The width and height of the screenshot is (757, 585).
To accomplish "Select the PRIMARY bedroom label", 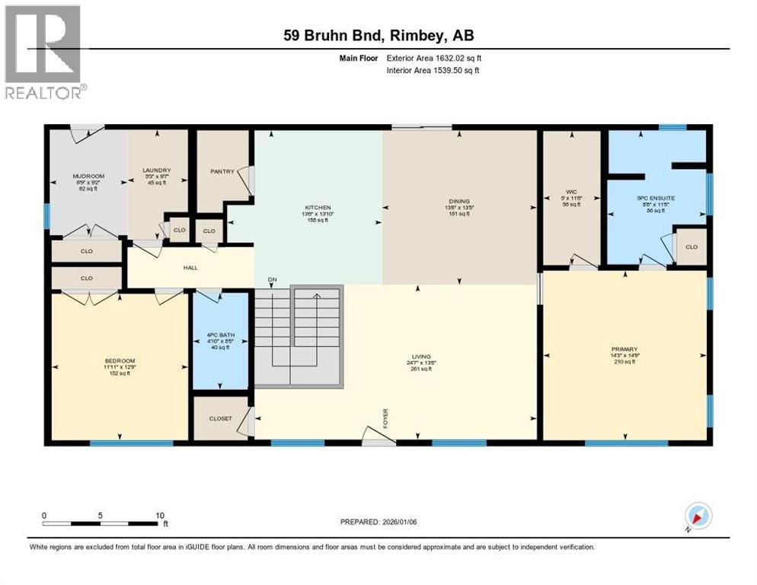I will tap(624, 349).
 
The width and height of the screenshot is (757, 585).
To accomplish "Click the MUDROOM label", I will tap(88, 176).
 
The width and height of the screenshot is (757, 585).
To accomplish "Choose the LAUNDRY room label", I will tap(155, 170).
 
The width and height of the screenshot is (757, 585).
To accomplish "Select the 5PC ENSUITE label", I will tap(656, 198).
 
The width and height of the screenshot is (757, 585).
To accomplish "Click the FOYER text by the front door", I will tap(385, 419).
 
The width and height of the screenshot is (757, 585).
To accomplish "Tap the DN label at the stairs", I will tap(271, 280).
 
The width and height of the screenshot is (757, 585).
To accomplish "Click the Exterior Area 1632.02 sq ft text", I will tap(434, 57).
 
